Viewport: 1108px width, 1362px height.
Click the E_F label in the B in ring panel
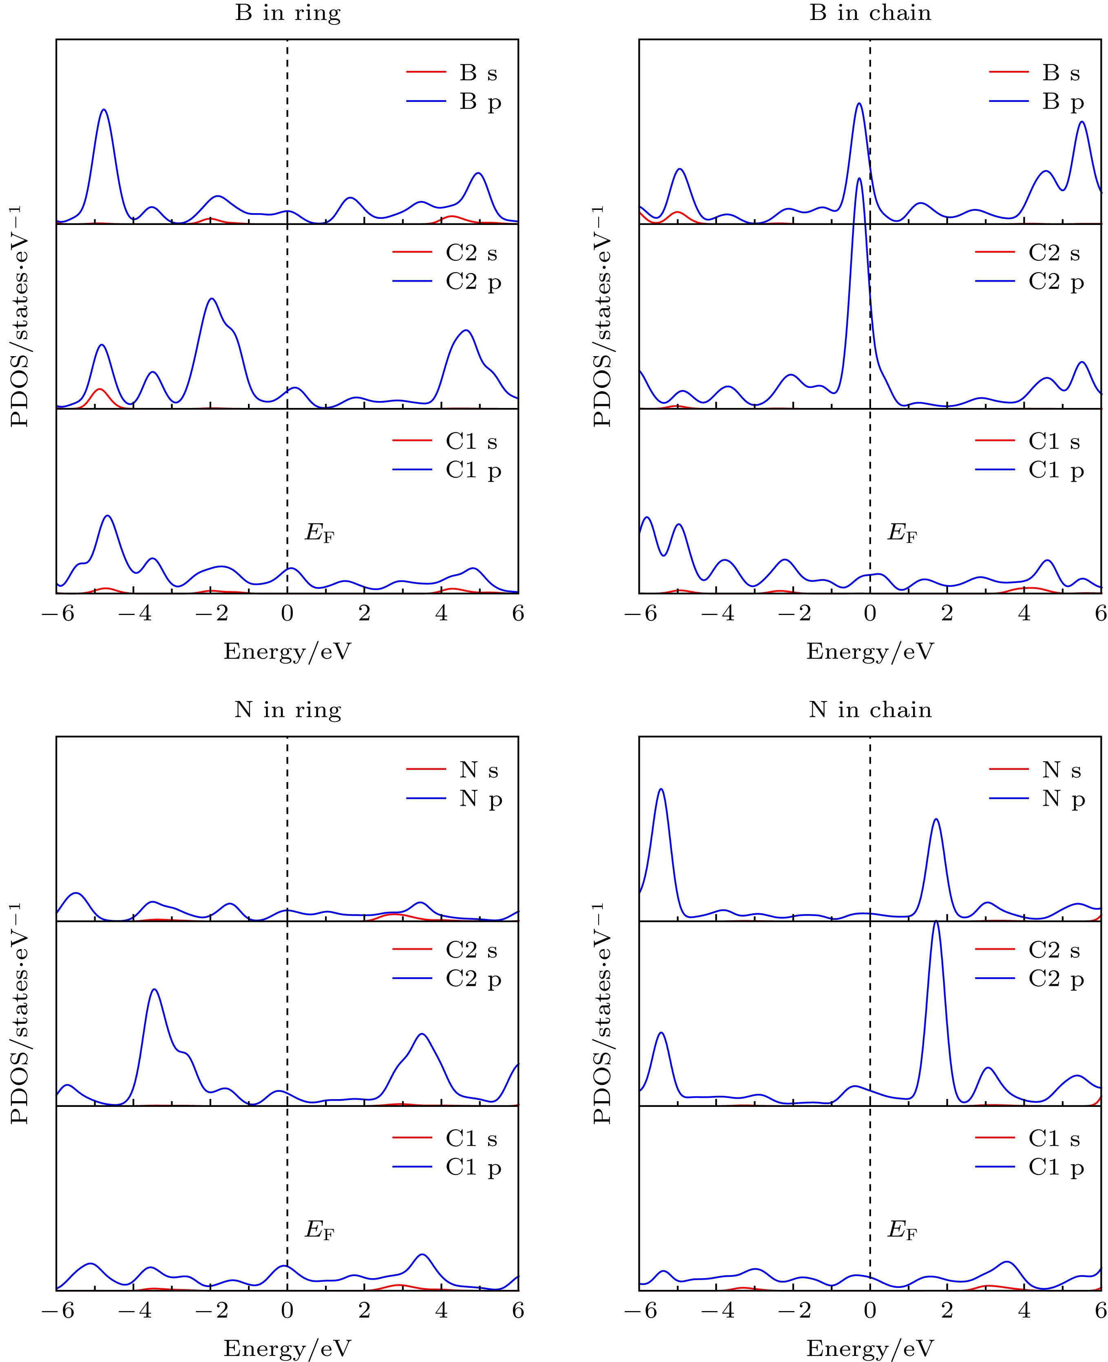click(x=319, y=533)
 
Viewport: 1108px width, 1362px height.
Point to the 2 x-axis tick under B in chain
click(x=947, y=614)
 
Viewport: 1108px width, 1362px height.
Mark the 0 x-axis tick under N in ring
click(x=287, y=1310)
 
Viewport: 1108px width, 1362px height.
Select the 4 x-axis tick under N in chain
click(x=1024, y=1310)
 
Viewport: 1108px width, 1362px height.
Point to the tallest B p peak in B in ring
click(x=104, y=110)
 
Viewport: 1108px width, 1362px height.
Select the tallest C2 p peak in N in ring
click(x=154, y=990)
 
